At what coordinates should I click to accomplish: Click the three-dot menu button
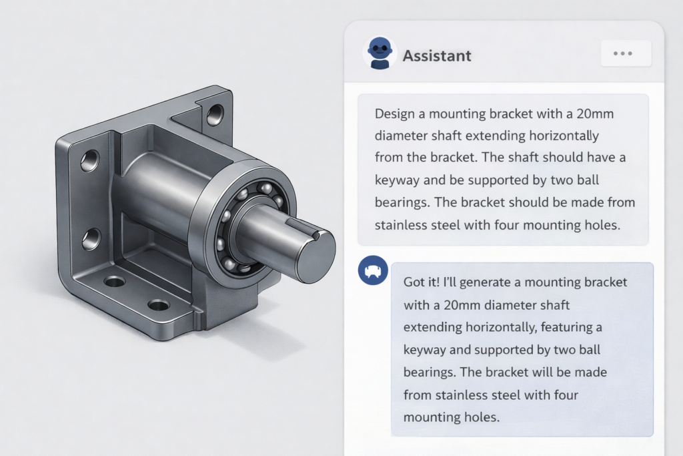tap(626, 53)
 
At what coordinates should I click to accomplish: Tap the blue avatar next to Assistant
tap(380, 53)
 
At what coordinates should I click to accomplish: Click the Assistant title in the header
tap(437, 55)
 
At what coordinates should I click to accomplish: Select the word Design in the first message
tap(394, 114)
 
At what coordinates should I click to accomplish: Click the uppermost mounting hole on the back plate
tap(214, 114)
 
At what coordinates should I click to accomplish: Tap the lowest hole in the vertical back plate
tap(91, 238)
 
